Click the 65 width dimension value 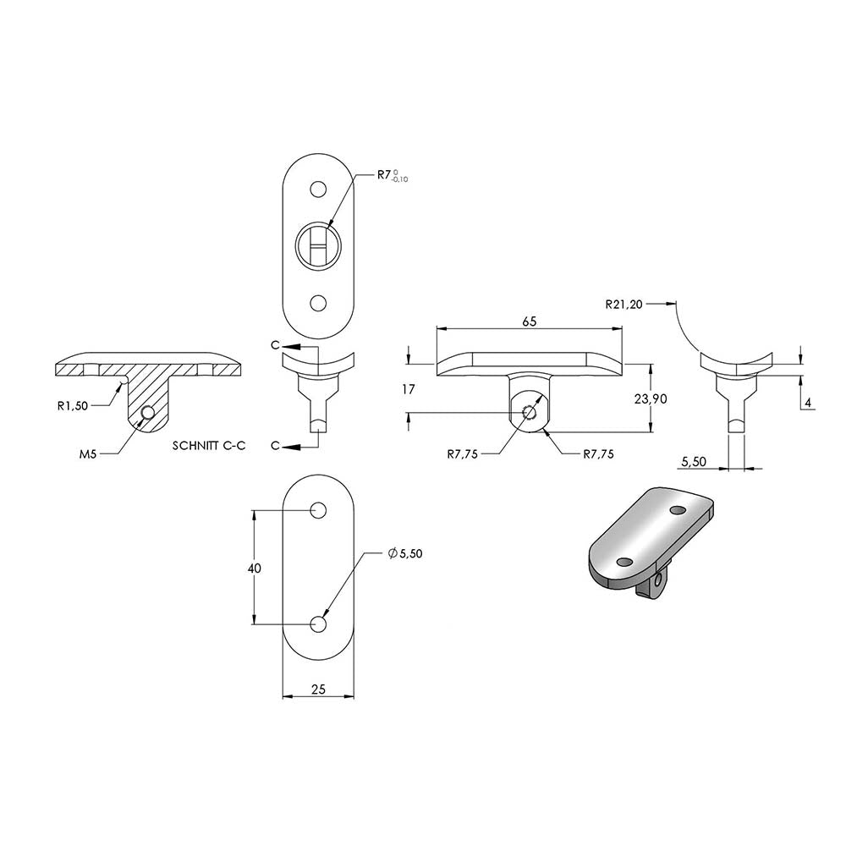(530, 321)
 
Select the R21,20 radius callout (624, 305)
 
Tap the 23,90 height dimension (651, 398)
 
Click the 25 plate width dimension (319, 689)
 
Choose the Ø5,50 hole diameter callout (404, 553)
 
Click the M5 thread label (88, 454)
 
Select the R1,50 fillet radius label (72, 406)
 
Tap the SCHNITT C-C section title (209, 446)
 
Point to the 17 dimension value (409, 388)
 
